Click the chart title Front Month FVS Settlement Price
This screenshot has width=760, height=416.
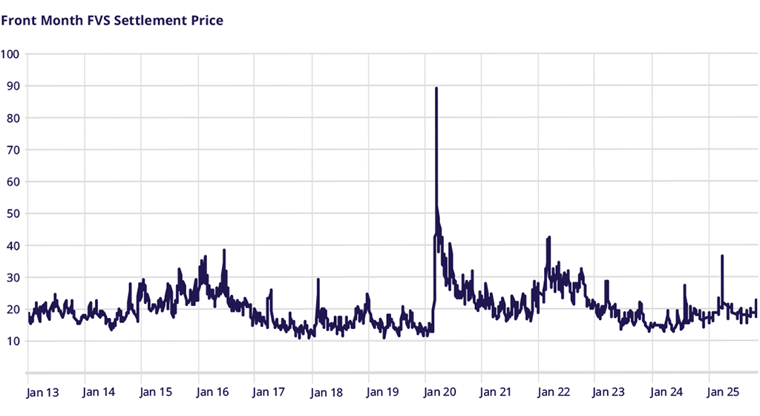click(x=112, y=20)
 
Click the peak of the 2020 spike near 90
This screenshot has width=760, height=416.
click(x=436, y=88)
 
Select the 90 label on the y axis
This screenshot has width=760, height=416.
click(x=13, y=86)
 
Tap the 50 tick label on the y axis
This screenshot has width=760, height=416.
click(x=13, y=214)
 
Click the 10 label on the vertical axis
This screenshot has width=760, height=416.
click(x=13, y=342)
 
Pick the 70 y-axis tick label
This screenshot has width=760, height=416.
click(x=13, y=150)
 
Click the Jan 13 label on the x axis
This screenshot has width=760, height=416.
click(x=42, y=391)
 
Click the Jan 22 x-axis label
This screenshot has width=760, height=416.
click(x=554, y=391)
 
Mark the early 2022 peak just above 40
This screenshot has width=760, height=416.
click(x=548, y=238)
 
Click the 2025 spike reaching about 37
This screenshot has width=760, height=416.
click(x=722, y=256)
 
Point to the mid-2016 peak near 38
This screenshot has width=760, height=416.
click(x=223, y=250)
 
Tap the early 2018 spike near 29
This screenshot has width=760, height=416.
click(x=318, y=279)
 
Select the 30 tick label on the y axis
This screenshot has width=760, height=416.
click(x=13, y=278)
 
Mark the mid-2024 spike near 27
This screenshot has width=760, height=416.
click(x=684, y=285)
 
